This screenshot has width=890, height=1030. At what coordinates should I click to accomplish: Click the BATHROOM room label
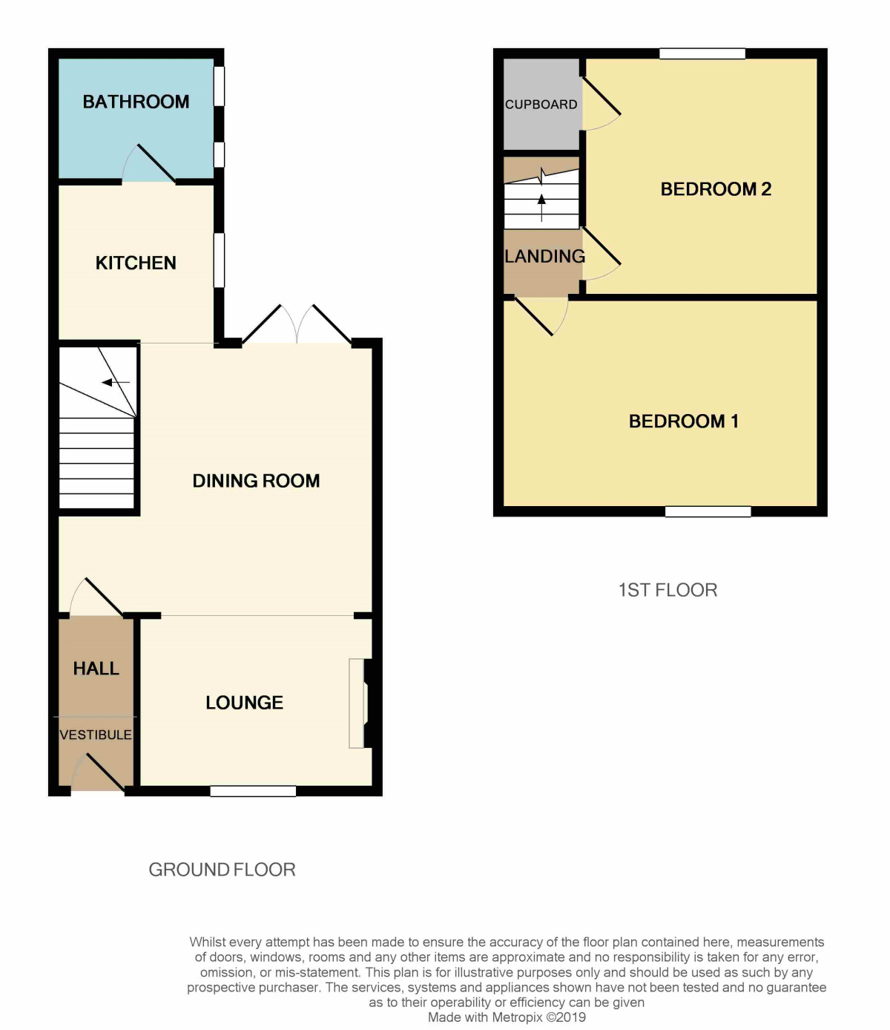pos(136,102)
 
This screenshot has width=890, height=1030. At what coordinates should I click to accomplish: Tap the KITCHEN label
pos(136,263)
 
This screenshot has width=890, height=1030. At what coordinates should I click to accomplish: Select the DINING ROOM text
pos(256,481)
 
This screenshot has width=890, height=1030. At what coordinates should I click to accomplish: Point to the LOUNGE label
pos(245,703)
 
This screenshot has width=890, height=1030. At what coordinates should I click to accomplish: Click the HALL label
pos(96,669)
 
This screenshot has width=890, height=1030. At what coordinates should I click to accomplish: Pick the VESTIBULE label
pos(96,735)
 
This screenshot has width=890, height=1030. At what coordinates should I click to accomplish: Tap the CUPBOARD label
pos(541,105)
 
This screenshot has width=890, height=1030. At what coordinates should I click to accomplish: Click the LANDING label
pos(545,257)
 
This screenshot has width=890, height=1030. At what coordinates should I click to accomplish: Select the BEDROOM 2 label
pos(716,189)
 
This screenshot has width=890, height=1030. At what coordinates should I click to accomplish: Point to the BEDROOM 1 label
pos(683,421)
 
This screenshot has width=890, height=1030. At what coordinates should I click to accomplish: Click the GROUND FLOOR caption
pos(222,870)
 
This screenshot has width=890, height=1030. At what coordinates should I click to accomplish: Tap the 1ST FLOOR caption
pos(668,591)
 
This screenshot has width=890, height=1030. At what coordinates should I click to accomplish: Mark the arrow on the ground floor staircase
pos(116,383)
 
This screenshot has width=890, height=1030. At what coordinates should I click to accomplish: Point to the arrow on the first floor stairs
pos(541,208)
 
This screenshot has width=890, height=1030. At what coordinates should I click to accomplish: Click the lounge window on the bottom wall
pos(253,791)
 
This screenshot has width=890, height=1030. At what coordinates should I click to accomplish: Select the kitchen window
pos(219,260)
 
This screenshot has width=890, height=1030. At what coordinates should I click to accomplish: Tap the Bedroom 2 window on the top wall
pos(702,53)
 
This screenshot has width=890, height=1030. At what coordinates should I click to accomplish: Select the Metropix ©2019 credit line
pos(507,1017)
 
